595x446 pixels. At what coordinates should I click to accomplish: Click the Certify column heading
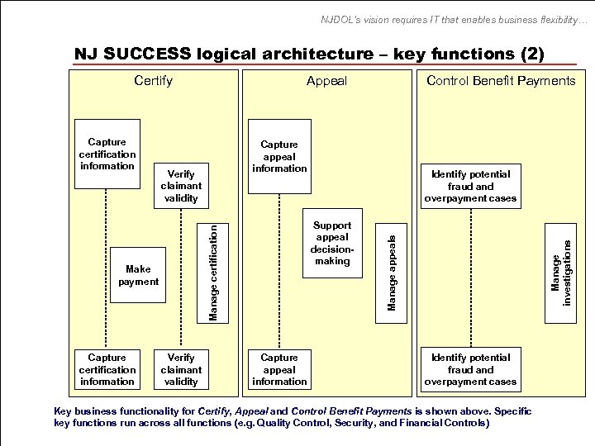tap(154, 80)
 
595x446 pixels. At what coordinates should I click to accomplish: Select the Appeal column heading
tap(326, 80)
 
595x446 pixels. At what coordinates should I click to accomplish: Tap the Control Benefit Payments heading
tap(501, 80)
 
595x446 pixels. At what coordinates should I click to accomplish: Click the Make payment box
tap(138, 276)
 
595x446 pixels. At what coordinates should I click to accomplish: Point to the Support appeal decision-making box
tap(331, 243)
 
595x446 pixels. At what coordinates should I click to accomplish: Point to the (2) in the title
tap(531, 55)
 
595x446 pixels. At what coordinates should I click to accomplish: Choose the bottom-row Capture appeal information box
tap(278, 369)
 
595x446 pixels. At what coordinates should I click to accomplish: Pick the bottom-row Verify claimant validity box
tap(181, 369)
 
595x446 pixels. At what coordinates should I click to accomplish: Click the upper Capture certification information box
tap(107, 154)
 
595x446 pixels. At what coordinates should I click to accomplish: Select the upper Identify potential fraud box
tap(469, 186)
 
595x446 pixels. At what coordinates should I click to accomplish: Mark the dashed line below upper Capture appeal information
tap(278, 268)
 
